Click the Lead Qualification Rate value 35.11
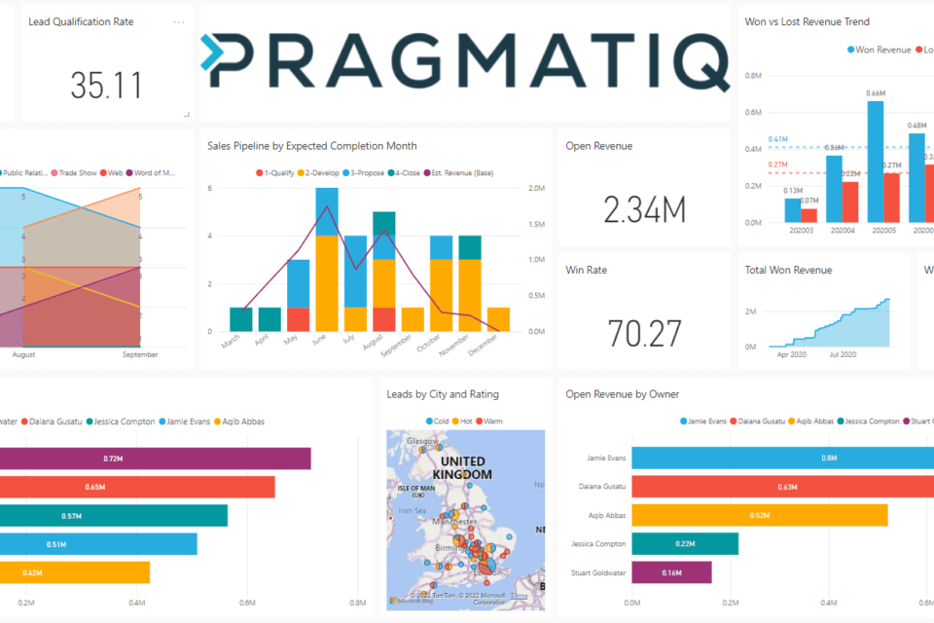107,86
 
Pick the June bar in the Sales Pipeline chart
327,260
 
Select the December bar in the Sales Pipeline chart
498,319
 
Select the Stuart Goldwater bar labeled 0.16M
671,572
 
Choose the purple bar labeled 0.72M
155,458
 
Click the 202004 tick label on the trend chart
842,231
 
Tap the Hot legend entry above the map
462,421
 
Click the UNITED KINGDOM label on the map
463,467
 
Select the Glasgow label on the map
420,440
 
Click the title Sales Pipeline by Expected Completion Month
311,146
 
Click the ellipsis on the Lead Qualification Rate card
178,21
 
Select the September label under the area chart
140,355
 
